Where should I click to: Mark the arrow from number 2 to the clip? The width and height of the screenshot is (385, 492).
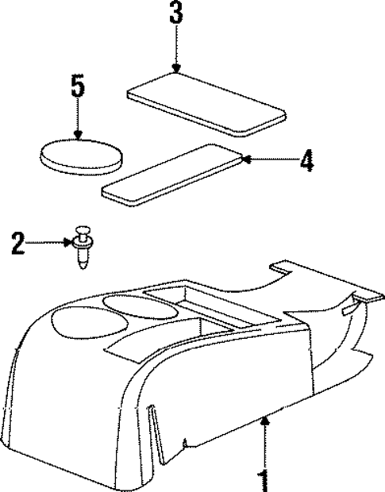pyautogui.click(x=52, y=241)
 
